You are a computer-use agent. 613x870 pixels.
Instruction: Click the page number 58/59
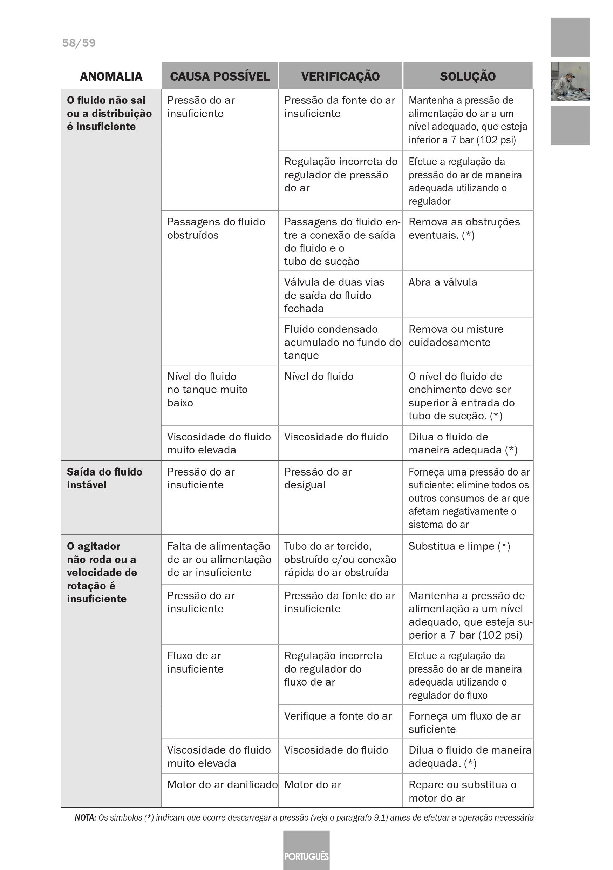pos(79,43)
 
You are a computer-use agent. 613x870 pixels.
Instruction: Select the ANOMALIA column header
pos(111,76)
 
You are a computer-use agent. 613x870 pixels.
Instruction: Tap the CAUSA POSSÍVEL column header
pos(220,76)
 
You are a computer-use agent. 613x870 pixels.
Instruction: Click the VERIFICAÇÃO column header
pos(340,76)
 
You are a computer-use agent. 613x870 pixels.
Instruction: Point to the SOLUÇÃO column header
pos(468,76)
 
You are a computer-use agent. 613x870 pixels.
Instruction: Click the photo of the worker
pos(570,81)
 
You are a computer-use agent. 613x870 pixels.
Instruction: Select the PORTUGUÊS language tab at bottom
pos(306,856)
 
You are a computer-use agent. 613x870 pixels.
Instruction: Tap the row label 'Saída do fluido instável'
pos(104,478)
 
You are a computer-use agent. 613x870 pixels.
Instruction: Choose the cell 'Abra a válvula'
pos(443,282)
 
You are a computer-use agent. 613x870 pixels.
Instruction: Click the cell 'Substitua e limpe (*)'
pos(459,546)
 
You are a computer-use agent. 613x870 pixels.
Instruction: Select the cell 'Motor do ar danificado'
pos(222,784)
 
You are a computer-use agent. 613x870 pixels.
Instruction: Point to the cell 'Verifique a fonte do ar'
pos(338,716)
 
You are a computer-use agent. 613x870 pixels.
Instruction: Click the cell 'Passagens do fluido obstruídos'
pos(216,229)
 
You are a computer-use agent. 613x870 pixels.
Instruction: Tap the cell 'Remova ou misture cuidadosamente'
pos(456,336)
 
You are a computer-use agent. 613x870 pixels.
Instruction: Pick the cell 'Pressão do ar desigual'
pos(318,478)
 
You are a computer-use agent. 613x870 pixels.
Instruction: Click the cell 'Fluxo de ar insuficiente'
pos(195,662)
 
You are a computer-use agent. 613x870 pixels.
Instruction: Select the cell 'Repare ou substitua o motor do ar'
pos(462,791)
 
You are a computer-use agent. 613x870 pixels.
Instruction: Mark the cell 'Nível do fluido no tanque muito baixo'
pos(207,390)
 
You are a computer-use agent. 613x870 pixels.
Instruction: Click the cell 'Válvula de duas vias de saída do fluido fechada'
pos(334,295)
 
